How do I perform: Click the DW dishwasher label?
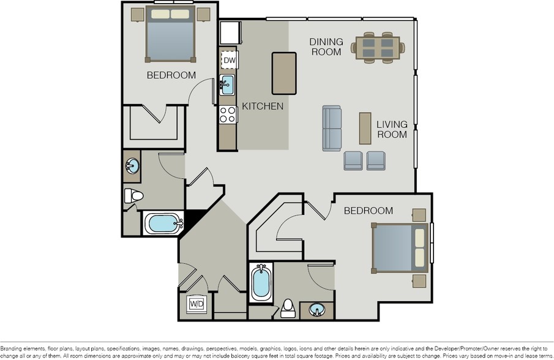point(229,60)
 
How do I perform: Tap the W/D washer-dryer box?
point(197,304)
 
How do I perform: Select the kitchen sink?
point(226,84)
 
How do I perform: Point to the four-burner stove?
point(228,114)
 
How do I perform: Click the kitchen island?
point(284,73)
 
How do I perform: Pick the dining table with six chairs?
point(375,47)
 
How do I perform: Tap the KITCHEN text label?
point(263,107)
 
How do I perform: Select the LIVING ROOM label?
point(392,129)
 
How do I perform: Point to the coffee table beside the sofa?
point(365,128)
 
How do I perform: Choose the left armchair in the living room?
point(353,160)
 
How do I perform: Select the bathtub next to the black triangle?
point(163,223)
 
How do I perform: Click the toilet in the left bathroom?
point(133,196)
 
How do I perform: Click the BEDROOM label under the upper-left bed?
point(171,75)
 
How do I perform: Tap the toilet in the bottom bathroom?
point(288,309)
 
